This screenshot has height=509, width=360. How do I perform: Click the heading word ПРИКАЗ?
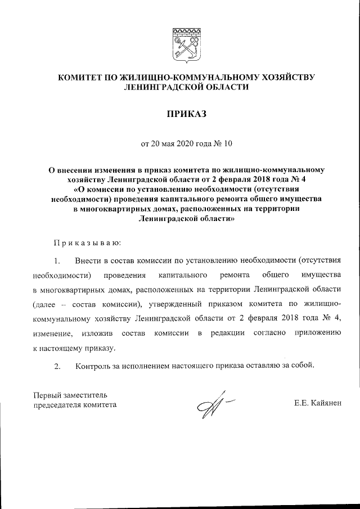click(x=179, y=114)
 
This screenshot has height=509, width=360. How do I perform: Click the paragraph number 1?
click(x=57, y=261)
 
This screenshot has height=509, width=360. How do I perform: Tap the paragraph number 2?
click(x=57, y=366)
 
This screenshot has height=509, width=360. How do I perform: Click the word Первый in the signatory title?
click(x=48, y=394)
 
